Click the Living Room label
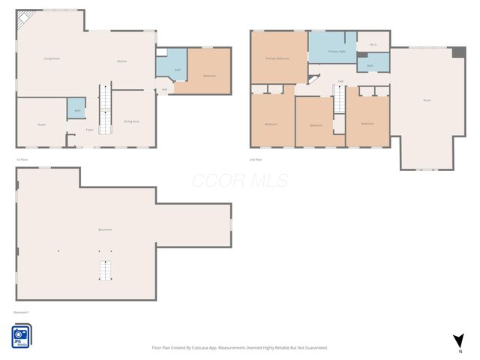[52, 58]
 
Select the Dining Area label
[131, 121]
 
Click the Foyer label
[89, 130]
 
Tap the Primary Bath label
[337, 51]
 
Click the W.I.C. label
[373, 44]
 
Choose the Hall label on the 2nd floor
[340, 81]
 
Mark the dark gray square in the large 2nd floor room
[458, 52]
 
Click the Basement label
[105, 229]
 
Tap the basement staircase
[106, 270]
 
